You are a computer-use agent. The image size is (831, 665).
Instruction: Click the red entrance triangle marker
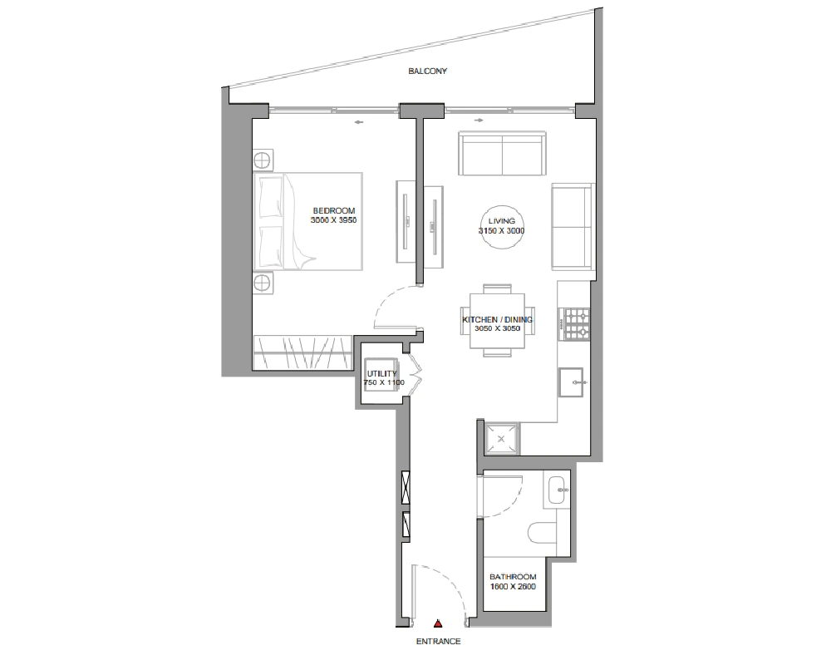point(438,623)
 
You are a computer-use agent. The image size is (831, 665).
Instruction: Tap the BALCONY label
point(428,71)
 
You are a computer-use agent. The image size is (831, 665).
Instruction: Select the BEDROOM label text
point(334,210)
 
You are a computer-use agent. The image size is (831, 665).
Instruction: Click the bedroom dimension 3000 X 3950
point(333,220)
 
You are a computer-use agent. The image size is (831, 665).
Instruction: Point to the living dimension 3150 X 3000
point(501,231)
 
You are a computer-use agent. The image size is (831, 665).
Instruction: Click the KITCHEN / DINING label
point(497,320)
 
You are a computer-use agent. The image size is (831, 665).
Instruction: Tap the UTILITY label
point(381,374)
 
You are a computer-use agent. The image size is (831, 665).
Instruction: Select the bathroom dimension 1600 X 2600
point(513,587)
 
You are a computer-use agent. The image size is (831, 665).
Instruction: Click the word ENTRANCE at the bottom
point(438,642)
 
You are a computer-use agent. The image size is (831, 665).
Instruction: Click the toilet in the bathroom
point(542,532)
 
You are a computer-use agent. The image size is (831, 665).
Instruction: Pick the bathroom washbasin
point(557,490)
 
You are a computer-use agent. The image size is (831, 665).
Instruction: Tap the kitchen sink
point(571,382)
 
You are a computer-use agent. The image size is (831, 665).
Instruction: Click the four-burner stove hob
point(577,324)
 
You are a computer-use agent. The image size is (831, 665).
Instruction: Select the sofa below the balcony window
point(502,154)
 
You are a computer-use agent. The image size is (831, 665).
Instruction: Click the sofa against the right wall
point(572,227)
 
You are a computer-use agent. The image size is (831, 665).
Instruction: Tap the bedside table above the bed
point(263,160)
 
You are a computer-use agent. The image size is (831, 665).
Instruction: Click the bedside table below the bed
point(263,283)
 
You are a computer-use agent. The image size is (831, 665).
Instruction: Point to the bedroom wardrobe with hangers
point(302,352)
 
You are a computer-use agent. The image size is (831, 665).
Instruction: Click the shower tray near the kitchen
point(502,439)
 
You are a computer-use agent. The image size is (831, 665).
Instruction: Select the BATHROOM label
point(513,577)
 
